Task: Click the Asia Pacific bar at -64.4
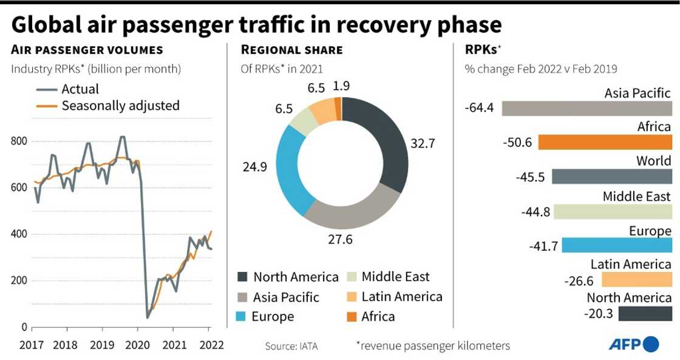click(x=586, y=108)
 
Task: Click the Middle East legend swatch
click(x=351, y=277)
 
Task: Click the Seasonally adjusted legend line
click(x=47, y=106)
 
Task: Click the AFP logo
click(x=634, y=344)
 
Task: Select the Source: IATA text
click(x=291, y=346)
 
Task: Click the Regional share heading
click(x=292, y=50)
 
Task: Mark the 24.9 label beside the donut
click(x=255, y=167)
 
